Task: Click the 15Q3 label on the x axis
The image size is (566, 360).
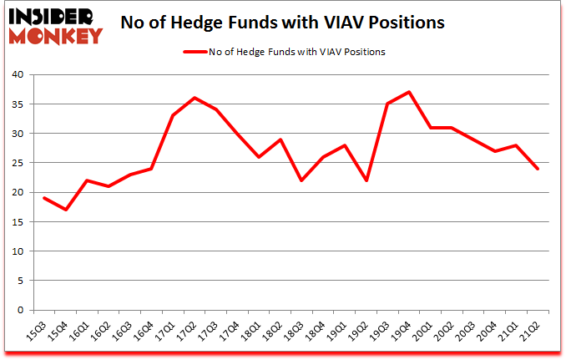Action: [x=38, y=327]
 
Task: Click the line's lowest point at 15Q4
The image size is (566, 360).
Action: [x=65, y=210]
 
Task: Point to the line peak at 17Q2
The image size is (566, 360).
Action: [x=195, y=98]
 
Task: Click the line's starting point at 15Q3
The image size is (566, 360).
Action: [x=43, y=198]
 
